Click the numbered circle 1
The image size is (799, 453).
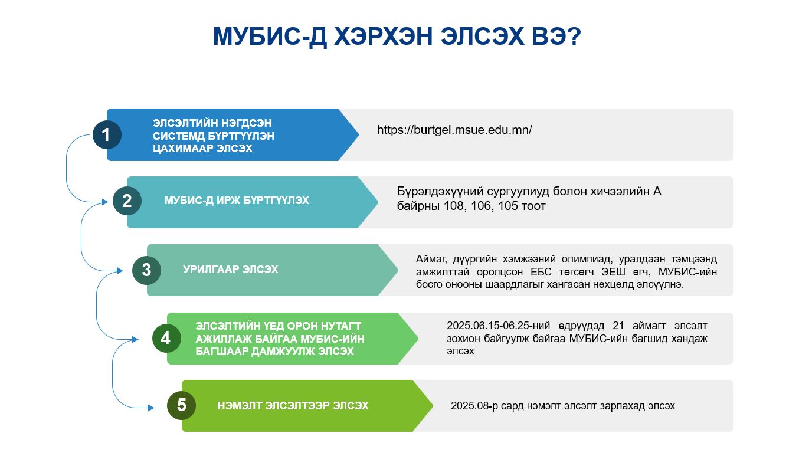(x=107, y=134)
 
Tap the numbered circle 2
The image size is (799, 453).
(x=127, y=201)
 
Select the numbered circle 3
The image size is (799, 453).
(x=146, y=270)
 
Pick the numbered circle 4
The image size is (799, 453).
(x=166, y=338)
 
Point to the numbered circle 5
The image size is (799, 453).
(x=181, y=405)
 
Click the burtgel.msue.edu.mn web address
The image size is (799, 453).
(x=454, y=130)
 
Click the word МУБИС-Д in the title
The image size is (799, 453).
(x=270, y=37)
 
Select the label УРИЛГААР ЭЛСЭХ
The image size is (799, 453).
(x=230, y=269)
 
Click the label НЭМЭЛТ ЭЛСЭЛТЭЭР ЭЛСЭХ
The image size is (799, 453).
(x=293, y=405)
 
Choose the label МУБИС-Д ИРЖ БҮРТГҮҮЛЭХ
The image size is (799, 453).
(x=237, y=201)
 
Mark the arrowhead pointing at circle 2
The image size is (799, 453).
(x=105, y=202)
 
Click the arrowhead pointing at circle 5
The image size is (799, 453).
(x=151, y=408)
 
